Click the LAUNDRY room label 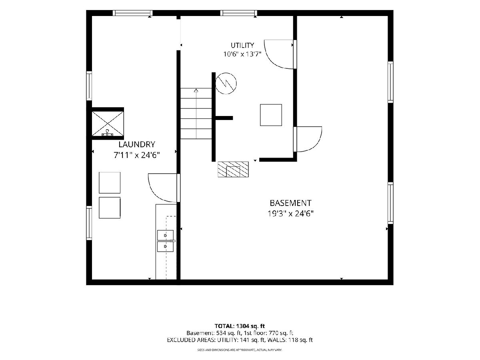(137, 144)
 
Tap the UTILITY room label (242, 46)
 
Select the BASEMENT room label (290, 203)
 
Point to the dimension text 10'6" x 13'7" (242, 54)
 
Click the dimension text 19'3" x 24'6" (291, 213)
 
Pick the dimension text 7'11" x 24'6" (137, 155)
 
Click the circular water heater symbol (226, 83)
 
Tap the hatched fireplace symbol (233, 169)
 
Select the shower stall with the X (108, 124)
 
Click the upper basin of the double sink (165, 235)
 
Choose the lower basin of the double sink (165, 246)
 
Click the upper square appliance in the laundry (110, 183)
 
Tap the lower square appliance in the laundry (110, 208)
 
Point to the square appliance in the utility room (271, 115)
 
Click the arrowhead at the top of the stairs (196, 90)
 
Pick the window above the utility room (238, 13)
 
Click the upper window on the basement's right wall (390, 82)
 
